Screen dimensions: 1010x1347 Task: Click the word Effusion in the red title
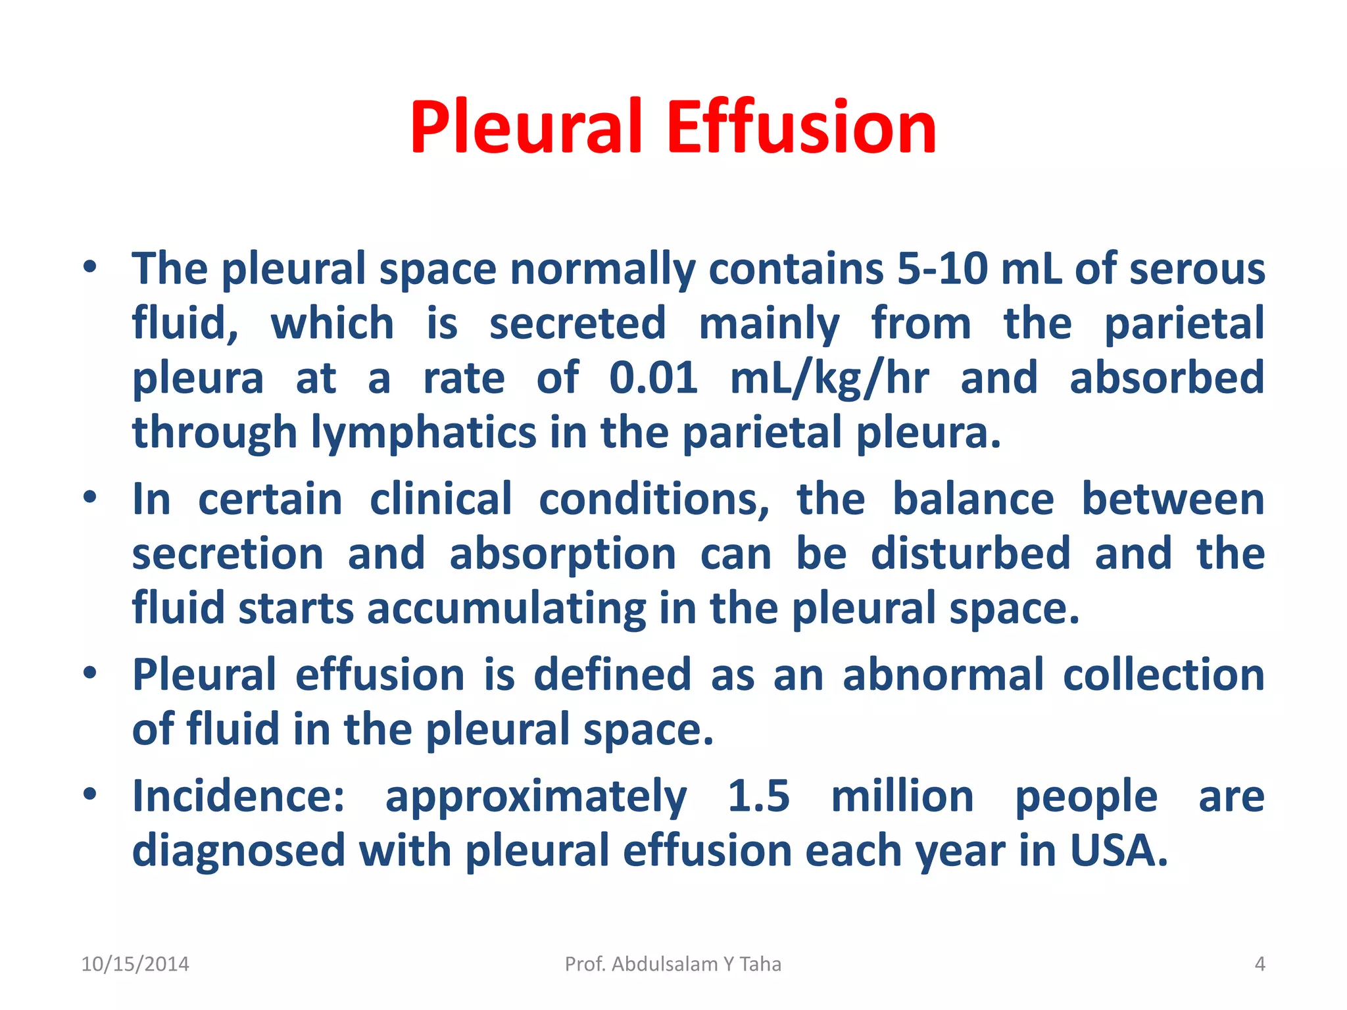(x=801, y=127)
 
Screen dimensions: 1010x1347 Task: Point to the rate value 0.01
(x=653, y=378)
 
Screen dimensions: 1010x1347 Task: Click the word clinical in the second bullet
(x=441, y=500)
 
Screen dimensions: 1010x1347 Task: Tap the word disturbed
(x=971, y=554)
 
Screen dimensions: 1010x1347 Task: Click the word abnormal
(x=943, y=675)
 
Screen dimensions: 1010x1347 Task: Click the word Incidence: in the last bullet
(x=238, y=796)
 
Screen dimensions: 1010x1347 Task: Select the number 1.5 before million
(x=758, y=796)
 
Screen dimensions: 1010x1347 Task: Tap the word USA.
(x=1119, y=851)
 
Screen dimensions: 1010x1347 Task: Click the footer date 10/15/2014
(x=135, y=964)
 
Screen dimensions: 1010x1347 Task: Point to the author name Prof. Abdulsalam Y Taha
(x=673, y=964)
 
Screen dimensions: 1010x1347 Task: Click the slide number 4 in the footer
(x=1260, y=964)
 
